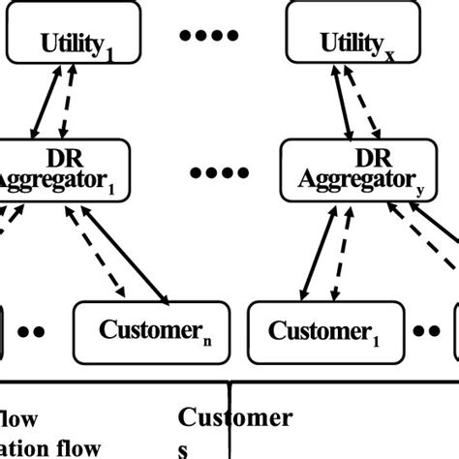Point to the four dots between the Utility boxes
point(209,36)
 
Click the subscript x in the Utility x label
point(389,56)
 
